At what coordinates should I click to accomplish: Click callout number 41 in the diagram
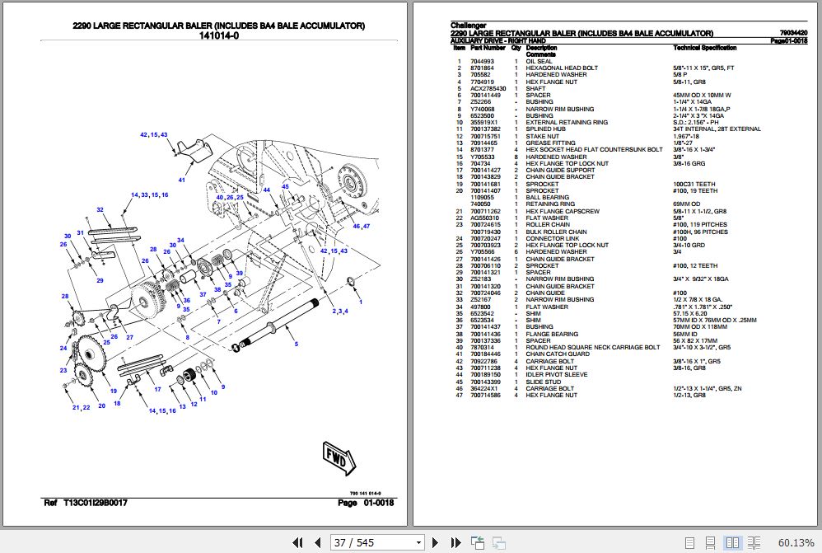tap(181, 179)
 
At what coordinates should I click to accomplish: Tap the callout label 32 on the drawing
tap(100, 209)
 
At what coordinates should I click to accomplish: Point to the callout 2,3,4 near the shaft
tap(340, 311)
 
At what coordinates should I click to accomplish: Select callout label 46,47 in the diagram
tap(362, 225)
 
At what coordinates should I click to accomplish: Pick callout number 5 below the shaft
tap(296, 343)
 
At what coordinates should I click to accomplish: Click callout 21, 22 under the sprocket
tap(81, 407)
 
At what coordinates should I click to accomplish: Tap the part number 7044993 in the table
tap(482, 61)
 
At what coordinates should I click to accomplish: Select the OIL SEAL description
tap(539, 61)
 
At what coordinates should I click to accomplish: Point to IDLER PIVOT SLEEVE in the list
tap(557, 375)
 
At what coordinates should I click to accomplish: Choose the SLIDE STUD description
tap(544, 382)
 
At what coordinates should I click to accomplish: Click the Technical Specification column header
tap(705, 48)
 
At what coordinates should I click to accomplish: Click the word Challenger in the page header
tap(469, 26)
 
